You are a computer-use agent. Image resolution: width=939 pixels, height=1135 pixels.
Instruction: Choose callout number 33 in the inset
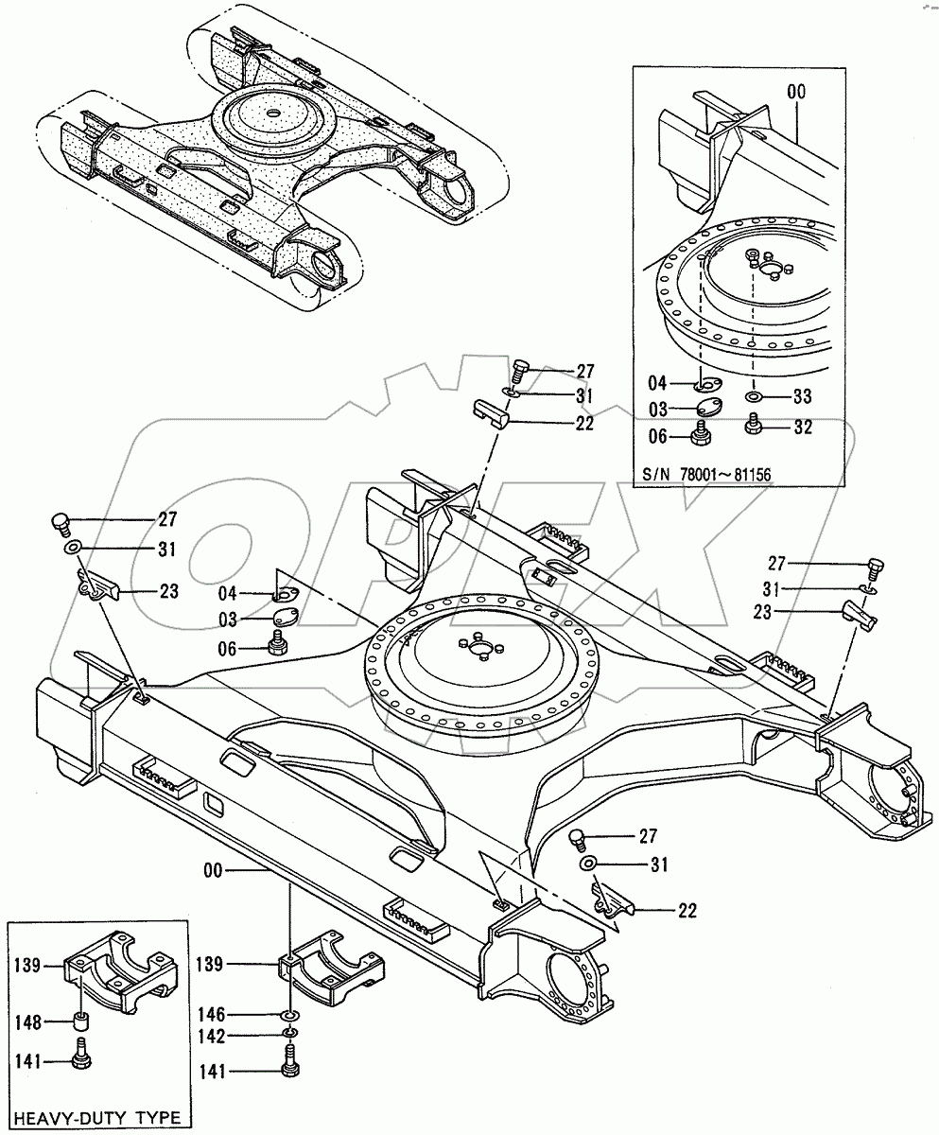(802, 394)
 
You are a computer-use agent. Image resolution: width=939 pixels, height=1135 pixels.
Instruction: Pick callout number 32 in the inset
(802, 428)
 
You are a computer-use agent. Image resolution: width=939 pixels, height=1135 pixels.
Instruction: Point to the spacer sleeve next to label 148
(81, 1023)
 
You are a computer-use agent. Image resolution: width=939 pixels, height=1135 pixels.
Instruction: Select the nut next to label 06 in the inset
(703, 435)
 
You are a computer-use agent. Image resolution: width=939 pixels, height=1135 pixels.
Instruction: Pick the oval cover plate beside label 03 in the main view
(284, 620)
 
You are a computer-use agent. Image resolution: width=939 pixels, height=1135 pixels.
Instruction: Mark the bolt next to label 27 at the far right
(875, 568)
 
